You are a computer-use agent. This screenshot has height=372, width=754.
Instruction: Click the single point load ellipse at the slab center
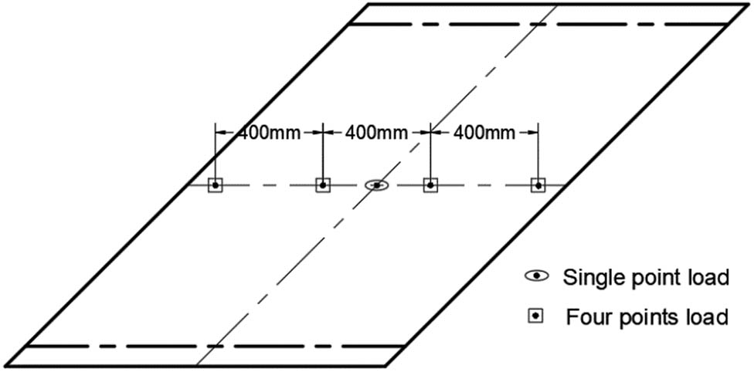tap(376, 185)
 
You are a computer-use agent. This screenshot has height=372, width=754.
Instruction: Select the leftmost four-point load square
tap(216, 185)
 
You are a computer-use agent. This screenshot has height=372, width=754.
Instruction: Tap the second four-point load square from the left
tap(323, 185)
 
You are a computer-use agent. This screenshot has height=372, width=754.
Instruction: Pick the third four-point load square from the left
tap(430, 185)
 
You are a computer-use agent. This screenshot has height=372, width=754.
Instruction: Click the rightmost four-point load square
tap(538, 185)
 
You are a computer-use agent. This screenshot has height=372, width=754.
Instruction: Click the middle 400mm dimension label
tap(376, 133)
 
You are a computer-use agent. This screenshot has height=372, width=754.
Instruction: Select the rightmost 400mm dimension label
tap(484, 133)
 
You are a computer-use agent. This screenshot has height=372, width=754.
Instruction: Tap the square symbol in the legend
tap(535, 316)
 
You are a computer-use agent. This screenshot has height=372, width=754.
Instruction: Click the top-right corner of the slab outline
tap(748, 5)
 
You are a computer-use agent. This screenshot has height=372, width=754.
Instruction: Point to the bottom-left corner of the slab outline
tap(6, 367)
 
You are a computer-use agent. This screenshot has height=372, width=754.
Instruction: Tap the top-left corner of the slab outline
tap(369, 5)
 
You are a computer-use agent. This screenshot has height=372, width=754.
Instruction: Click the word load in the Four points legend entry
tap(708, 317)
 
